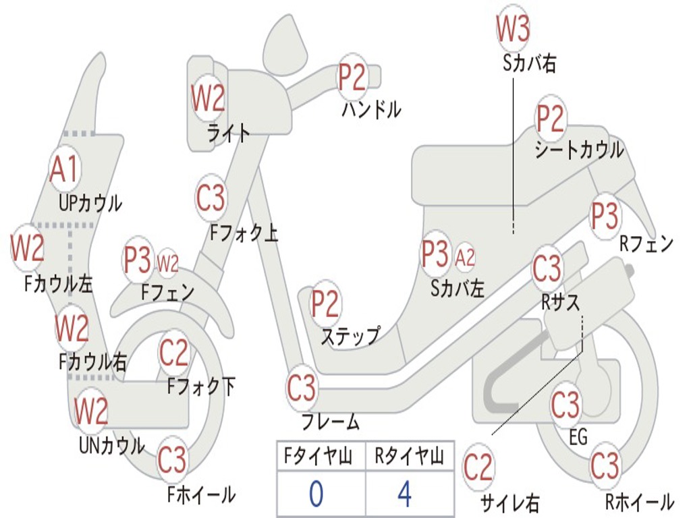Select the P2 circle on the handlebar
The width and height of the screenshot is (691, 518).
pyautogui.click(x=352, y=77)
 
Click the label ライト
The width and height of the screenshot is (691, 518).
pyautogui.click(x=229, y=132)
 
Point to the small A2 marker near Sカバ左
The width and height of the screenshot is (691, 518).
pyautogui.click(x=465, y=257)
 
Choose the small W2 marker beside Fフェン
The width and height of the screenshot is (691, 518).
pyautogui.click(x=167, y=262)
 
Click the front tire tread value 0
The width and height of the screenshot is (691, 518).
pyautogui.click(x=316, y=494)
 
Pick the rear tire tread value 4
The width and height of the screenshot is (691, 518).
pyautogui.click(x=404, y=494)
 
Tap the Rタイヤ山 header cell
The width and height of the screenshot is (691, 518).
pyautogui.click(x=409, y=457)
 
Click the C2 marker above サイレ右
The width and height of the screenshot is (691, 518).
pyautogui.click(x=478, y=467)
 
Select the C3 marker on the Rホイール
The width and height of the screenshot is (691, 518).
pyautogui.click(x=604, y=465)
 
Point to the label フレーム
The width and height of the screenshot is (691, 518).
pyautogui.click(x=330, y=423)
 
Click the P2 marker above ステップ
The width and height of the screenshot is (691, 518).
pyautogui.click(x=325, y=304)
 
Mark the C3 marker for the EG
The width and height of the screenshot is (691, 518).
pyautogui.click(x=565, y=405)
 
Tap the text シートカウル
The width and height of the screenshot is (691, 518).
pyautogui.click(x=579, y=150)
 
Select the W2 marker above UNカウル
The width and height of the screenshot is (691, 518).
pyautogui.click(x=91, y=410)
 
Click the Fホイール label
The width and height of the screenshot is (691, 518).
pyautogui.click(x=201, y=495)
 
